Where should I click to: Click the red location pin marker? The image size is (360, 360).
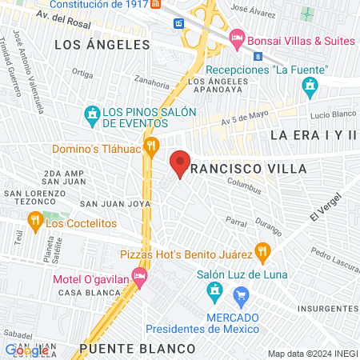pos(180,163)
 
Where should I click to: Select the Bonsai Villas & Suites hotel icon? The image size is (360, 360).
pos(237,38)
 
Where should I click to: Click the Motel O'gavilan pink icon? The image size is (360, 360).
pos(141,278)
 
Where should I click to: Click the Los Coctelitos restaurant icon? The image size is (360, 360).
pos(34,223)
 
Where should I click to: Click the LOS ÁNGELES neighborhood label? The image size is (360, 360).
pos(90,46)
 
